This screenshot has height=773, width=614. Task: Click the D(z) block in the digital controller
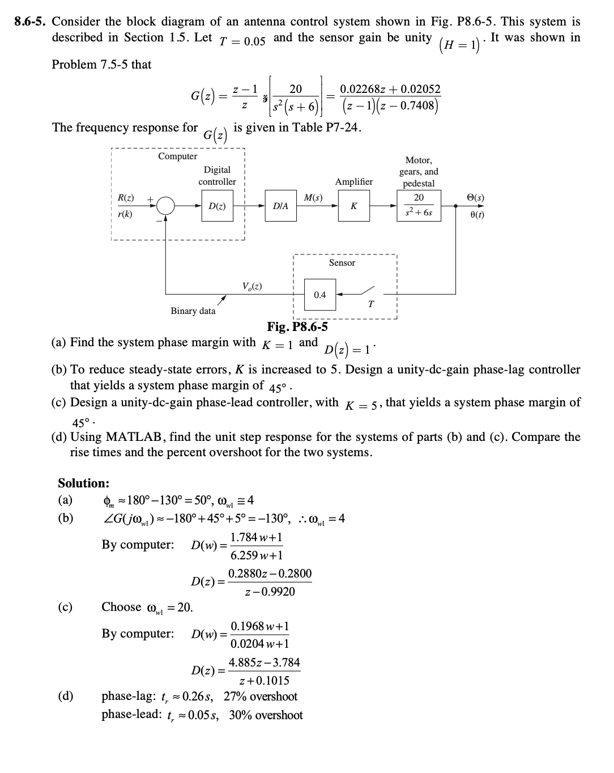[216, 207]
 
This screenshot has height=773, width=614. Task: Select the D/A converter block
[280, 207]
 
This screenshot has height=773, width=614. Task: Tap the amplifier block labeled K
[353, 207]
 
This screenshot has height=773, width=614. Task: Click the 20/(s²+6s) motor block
[419, 205]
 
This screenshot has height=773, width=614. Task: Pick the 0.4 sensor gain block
[320, 295]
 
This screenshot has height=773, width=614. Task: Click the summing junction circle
[165, 206]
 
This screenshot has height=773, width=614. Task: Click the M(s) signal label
[313, 198]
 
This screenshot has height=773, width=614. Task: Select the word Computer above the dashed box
[177, 156]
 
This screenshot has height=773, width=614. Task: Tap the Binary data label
[193, 311]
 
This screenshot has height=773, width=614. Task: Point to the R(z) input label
[126, 198]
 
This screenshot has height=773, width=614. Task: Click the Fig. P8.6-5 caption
[297, 327]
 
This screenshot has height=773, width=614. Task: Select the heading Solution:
[84, 483]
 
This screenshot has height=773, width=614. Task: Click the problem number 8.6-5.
[30, 22]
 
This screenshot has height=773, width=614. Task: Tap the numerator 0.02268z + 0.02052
[390, 89]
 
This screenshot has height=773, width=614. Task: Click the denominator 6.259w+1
[256, 555]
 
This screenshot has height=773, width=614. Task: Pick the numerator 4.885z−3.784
[264, 662]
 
